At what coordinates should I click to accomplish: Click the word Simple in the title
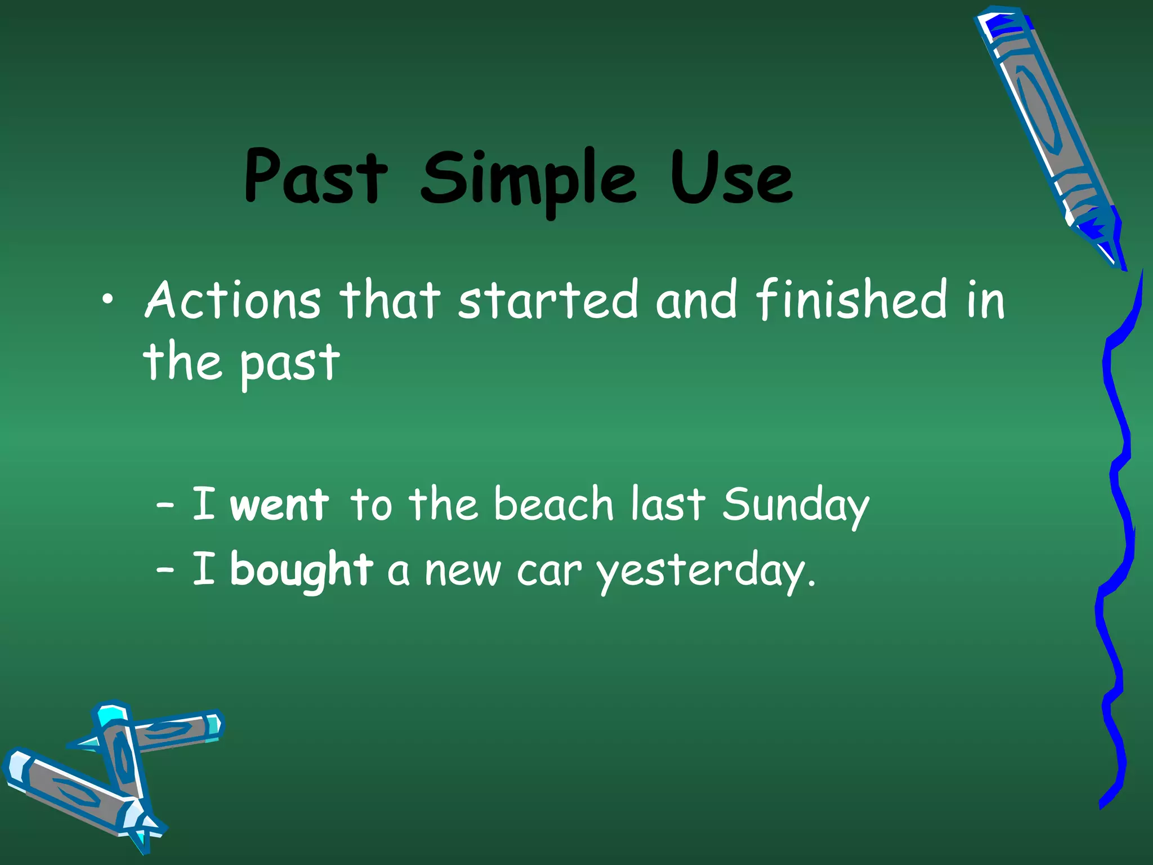click(x=528, y=179)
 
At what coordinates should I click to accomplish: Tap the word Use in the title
click(x=731, y=177)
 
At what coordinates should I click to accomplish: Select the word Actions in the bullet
click(x=233, y=300)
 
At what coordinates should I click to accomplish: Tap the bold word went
click(x=280, y=505)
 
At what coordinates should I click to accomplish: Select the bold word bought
click(x=302, y=570)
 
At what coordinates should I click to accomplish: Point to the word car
click(x=549, y=572)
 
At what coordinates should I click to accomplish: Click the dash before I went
click(x=164, y=505)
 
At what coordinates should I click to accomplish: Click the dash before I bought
click(x=164, y=570)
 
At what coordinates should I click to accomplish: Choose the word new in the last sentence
click(x=463, y=572)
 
